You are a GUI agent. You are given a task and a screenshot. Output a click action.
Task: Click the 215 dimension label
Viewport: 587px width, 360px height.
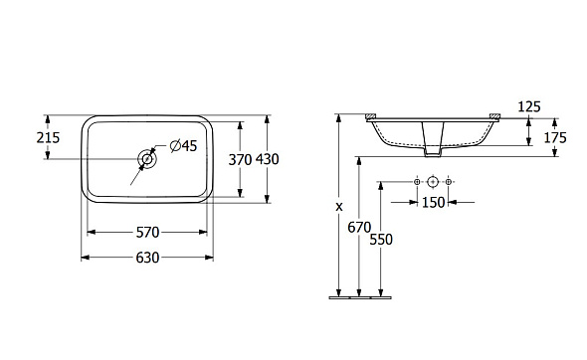click(48, 137)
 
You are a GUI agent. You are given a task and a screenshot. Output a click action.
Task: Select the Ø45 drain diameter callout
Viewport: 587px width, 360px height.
click(183, 145)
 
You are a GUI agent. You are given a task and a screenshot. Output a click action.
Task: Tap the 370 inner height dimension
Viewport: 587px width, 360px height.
click(240, 160)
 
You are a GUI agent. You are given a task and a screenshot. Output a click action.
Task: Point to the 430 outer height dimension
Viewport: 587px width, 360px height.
click(268, 159)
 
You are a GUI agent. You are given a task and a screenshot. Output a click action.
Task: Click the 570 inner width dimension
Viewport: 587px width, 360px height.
click(147, 233)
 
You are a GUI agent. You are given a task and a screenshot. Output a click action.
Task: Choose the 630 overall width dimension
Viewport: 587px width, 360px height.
click(147, 258)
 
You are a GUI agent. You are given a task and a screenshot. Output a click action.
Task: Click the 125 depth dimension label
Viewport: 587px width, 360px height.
click(529, 107)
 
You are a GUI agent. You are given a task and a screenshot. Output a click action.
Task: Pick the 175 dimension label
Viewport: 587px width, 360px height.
click(555, 137)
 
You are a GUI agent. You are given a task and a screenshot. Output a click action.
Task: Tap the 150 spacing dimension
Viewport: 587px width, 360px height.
click(434, 203)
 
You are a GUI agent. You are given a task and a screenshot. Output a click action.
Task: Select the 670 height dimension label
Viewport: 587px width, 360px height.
click(359, 227)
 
